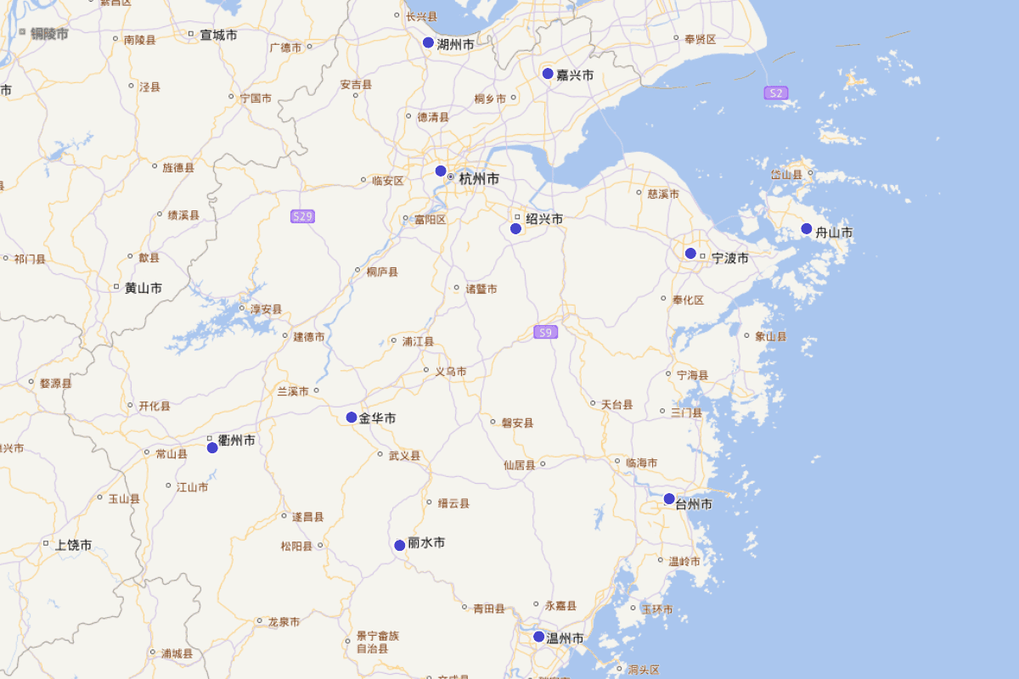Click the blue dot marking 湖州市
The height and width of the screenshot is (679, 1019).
[429, 42]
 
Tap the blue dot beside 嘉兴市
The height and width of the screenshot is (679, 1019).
[549, 74]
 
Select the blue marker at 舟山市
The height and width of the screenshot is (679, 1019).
[807, 229]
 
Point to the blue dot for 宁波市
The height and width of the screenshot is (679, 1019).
[690, 254]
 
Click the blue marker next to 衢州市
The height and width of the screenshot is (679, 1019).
[212, 447]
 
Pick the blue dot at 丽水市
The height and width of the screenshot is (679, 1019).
[400, 545]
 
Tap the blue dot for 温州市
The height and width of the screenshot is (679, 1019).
[538, 637]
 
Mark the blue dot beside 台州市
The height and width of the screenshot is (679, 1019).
[669, 498]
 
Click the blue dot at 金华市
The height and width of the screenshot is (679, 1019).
[352, 418]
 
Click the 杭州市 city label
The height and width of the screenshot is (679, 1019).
[479, 179]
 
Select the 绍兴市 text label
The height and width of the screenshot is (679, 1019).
[544, 219]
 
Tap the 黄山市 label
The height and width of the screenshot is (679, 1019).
[143, 289]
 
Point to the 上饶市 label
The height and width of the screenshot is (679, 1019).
[73, 545]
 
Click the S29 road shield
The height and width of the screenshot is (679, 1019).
[302, 216]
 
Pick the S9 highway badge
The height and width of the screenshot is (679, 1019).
[546, 333]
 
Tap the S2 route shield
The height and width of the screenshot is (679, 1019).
[774, 93]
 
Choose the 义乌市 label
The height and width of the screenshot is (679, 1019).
[450, 372]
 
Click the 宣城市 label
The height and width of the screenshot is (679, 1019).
[218, 36]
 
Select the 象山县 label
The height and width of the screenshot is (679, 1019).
[771, 336]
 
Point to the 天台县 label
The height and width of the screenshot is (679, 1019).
[616, 405]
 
